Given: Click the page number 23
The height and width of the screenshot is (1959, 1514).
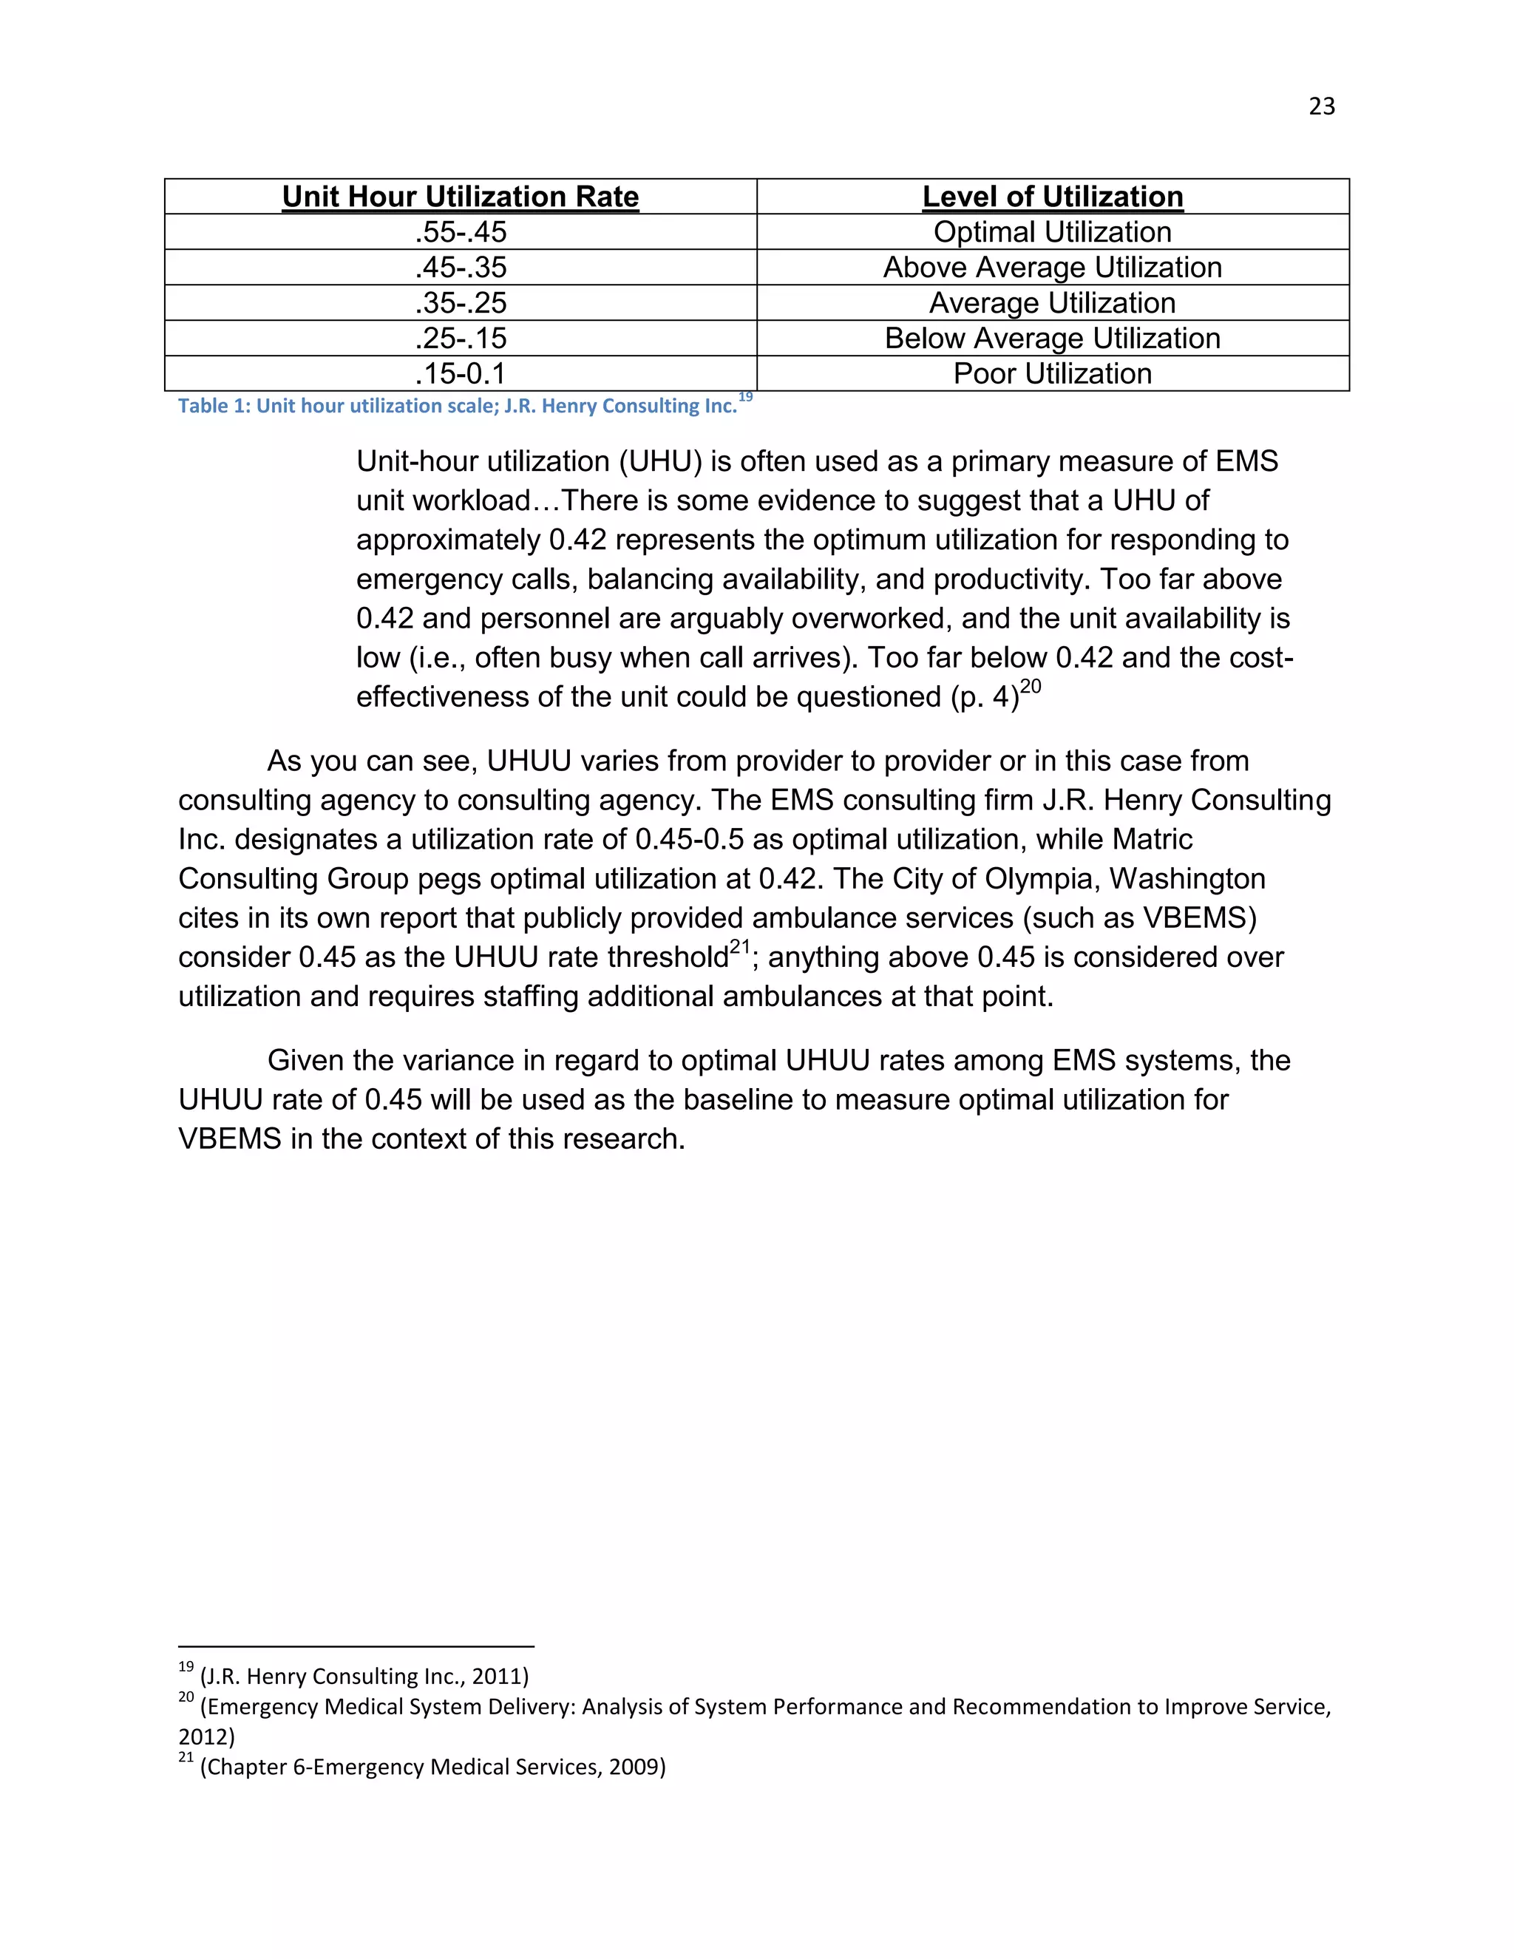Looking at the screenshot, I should tap(1321, 106).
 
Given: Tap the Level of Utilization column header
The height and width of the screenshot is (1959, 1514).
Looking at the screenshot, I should tap(1052, 197).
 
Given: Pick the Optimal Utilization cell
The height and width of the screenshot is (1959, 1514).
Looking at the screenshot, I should tap(1052, 232).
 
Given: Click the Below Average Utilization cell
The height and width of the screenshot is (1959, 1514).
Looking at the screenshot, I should tap(1052, 338).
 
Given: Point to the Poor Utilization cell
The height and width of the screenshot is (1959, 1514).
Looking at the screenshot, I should tap(1052, 374).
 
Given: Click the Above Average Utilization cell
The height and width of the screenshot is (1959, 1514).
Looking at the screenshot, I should tap(1052, 268).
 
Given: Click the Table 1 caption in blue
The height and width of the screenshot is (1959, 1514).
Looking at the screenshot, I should tap(457, 407).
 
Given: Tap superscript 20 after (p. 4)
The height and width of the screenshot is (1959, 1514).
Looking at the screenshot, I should tap(1031, 687).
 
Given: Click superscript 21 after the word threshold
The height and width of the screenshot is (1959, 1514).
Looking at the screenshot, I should tap(739, 947).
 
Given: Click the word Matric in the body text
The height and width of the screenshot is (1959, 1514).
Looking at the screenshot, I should tap(1152, 840).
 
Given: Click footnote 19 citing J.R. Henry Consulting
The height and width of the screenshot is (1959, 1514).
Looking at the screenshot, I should tap(354, 1676).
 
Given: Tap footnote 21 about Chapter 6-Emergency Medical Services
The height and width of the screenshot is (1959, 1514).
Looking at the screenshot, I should tap(422, 1766).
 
